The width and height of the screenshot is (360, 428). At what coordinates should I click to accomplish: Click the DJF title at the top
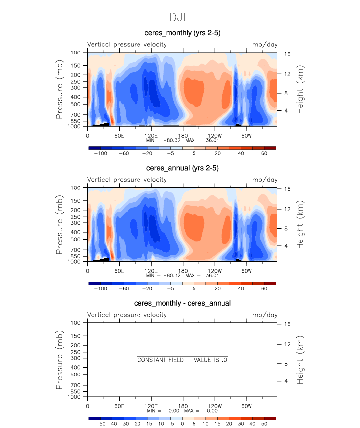180,17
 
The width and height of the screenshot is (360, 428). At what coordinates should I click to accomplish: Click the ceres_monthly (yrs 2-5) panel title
182,33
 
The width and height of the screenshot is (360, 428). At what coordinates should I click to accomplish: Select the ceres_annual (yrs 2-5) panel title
182,168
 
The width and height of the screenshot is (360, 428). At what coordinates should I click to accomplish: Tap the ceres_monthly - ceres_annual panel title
182,303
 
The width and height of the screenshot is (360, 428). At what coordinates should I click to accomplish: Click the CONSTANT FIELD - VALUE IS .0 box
182,360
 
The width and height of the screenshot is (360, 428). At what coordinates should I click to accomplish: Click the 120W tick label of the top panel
214,135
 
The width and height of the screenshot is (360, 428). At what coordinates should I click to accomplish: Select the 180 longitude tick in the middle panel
183,271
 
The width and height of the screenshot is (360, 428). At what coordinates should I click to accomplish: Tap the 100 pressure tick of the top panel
76,53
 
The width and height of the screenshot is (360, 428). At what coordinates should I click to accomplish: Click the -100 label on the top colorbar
101,154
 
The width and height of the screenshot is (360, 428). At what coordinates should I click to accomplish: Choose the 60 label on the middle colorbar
264,289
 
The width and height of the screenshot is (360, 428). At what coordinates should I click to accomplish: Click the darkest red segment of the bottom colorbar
270,418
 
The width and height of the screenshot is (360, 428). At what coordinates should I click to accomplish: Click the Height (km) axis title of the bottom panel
300,360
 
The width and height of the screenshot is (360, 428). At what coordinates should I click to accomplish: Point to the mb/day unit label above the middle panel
265,180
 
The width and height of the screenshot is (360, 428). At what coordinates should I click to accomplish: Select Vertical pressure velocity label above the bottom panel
127,315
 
